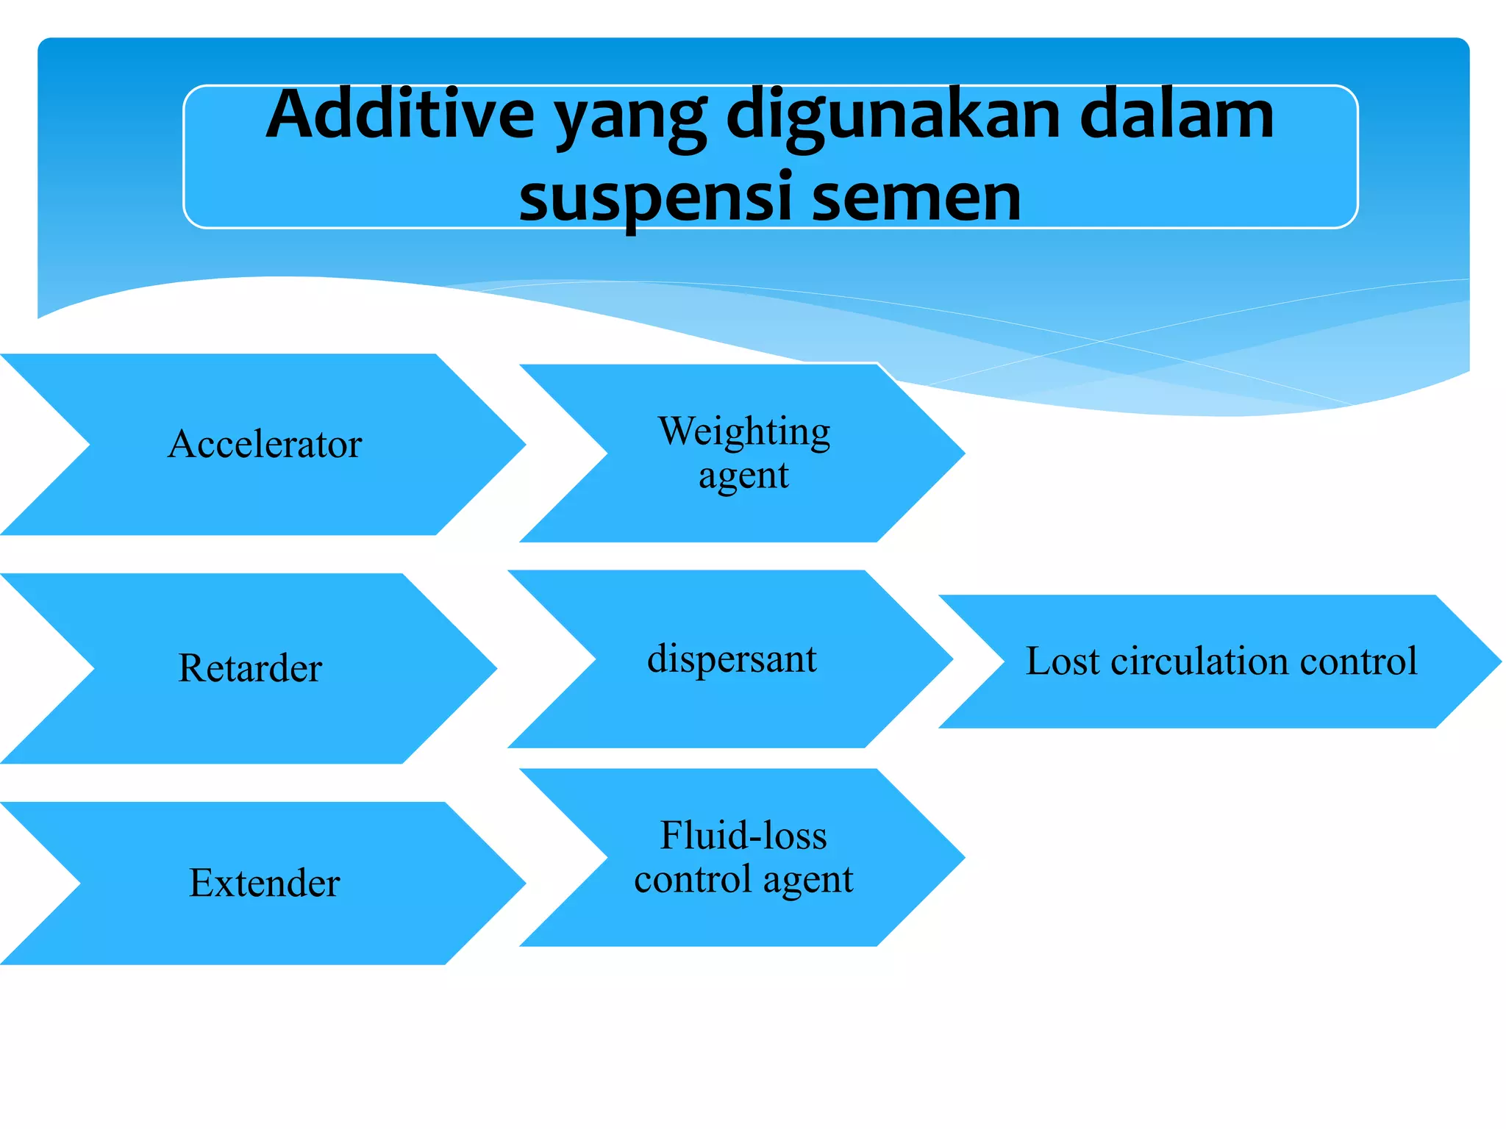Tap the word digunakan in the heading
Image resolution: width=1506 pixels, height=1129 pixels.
click(x=893, y=118)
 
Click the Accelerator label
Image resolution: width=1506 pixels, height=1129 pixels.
click(x=265, y=444)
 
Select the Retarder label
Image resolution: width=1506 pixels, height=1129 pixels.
click(x=250, y=668)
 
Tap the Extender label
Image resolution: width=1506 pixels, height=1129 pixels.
click(x=265, y=883)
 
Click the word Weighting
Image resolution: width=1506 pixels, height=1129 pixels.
click(x=744, y=431)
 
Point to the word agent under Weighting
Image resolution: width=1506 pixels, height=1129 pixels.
click(x=743, y=476)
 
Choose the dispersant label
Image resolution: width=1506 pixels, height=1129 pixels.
click(x=732, y=659)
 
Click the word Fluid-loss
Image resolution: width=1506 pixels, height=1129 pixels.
click(x=743, y=836)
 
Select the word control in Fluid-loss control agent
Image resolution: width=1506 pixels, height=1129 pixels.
click(x=693, y=880)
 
